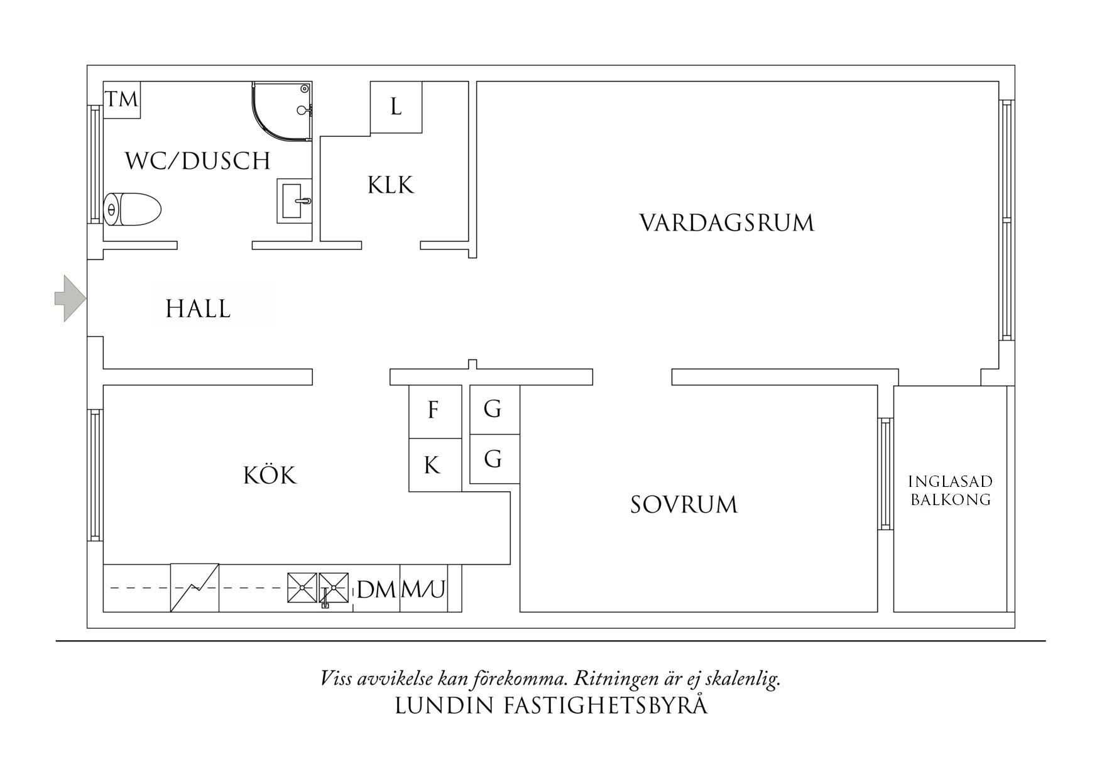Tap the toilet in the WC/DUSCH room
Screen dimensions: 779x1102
point(132,209)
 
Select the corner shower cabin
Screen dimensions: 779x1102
point(283,111)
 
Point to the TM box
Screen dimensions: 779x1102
point(121,99)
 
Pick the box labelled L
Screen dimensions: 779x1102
point(396,107)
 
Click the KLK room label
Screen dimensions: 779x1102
point(391,185)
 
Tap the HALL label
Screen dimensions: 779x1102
point(198,309)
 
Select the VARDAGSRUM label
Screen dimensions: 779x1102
point(727,223)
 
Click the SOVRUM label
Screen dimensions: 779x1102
point(684,504)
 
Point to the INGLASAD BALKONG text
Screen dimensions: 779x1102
point(951,491)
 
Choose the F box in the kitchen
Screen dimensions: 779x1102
point(434,411)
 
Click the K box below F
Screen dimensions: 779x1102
point(432,466)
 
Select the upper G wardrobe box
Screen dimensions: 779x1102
point(493,409)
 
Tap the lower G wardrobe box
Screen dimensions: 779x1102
point(493,459)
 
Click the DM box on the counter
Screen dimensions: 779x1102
point(376,589)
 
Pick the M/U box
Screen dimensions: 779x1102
point(423,589)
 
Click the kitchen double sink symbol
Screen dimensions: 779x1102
point(318,587)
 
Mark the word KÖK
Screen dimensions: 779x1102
point(270,476)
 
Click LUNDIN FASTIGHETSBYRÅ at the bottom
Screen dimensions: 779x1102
point(551,705)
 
